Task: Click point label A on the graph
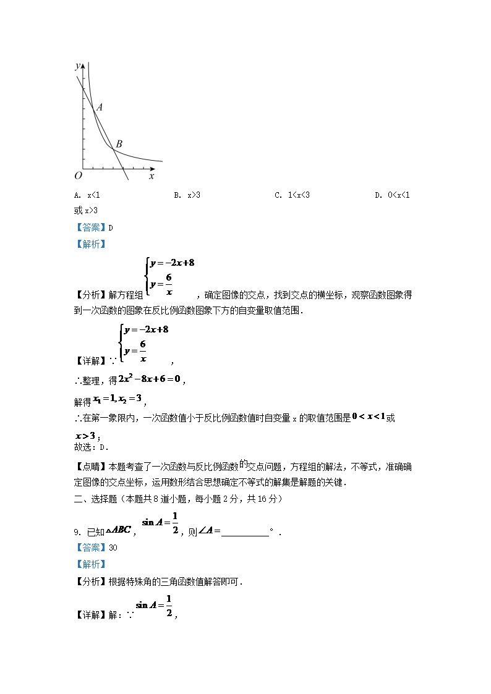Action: coord(100,107)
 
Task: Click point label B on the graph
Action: coord(119,144)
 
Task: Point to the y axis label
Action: coord(77,66)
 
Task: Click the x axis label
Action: coord(152,176)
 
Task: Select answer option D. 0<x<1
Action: coord(392,195)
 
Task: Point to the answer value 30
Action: coord(113,548)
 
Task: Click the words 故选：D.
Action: coord(91,447)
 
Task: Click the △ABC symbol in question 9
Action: coord(118,530)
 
